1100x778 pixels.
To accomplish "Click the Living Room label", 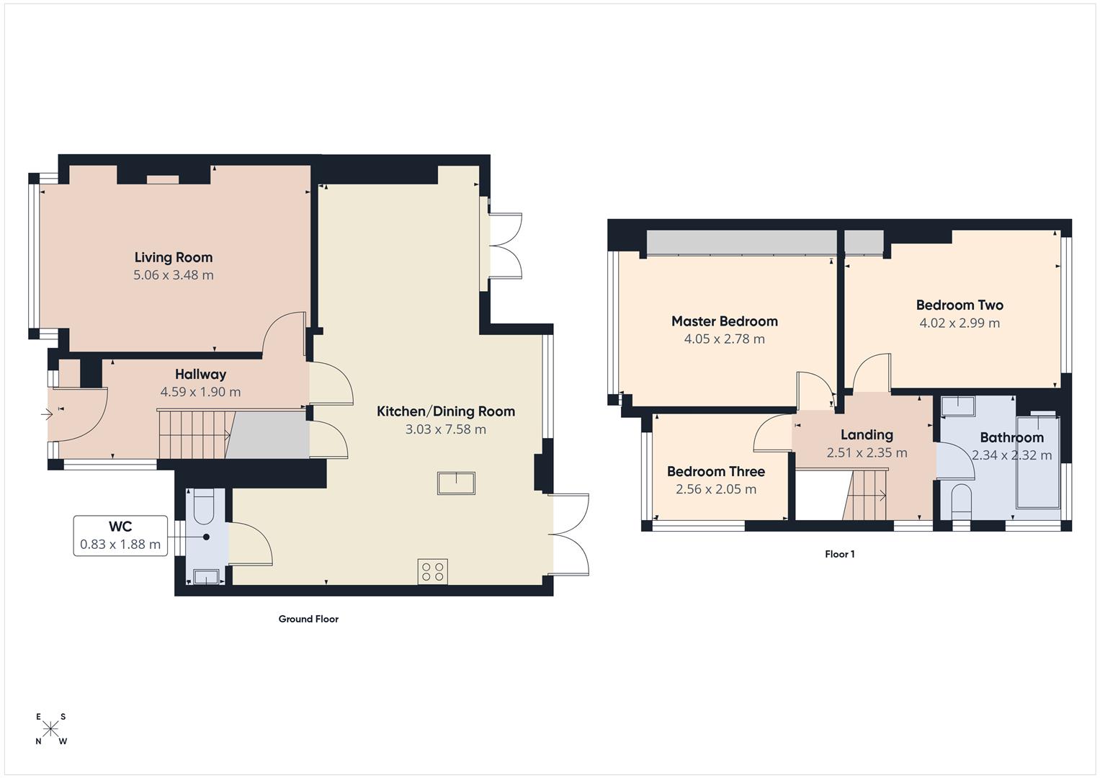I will click(x=173, y=257).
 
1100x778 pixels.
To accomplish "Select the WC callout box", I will click(x=120, y=536).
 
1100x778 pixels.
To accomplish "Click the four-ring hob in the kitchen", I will click(x=432, y=572).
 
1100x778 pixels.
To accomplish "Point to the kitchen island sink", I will click(x=456, y=483).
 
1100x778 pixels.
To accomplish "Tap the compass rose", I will click(x=50, y=728).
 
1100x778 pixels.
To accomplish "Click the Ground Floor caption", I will click(x=308, y=619).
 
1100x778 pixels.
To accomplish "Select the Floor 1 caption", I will click(x=839, y=554).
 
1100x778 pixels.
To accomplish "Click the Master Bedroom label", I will click(x=724, y=321).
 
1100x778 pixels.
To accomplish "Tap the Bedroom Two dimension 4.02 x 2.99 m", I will click(x=959, y=323).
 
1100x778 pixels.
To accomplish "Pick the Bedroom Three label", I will click(x=715, y=472).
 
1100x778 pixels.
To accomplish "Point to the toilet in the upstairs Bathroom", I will click(x=961, y=500).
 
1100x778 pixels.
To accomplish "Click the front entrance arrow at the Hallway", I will click(x=48, y=414).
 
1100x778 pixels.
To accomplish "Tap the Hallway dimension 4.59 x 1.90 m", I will click(x=200, y=393).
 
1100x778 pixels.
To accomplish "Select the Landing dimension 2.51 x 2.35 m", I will click(x=867, y=453).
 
